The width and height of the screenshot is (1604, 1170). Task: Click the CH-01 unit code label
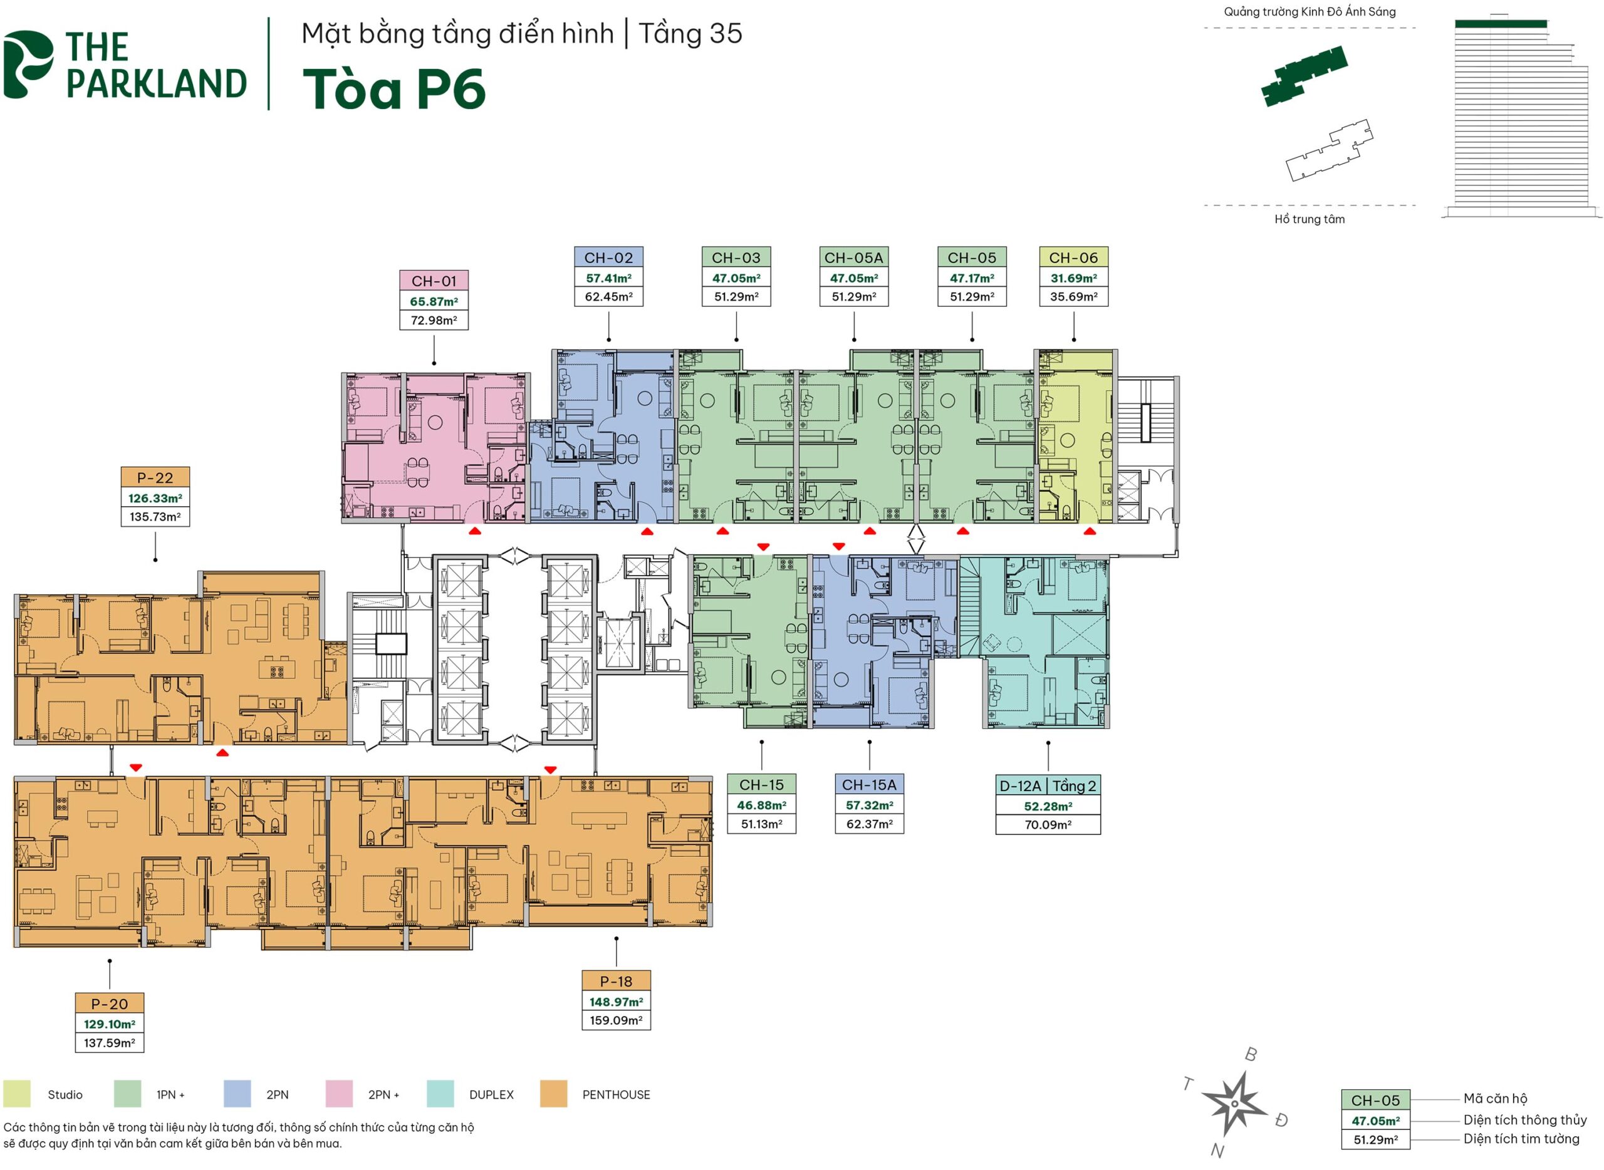pyautogui.click(x=434, y=281)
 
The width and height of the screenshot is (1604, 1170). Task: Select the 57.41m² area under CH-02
pyautogui.click(x=608, y=278)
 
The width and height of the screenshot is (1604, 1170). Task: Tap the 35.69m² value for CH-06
pyautogui.click(x=1073, y=297)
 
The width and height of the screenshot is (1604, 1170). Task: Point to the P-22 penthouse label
pyautogui.click(x=155, y=478)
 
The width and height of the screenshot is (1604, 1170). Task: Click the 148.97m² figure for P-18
pyautogui.click(x=616, y=1002)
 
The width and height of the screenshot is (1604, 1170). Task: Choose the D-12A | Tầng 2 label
pyautogui.click(x=1047, y=786)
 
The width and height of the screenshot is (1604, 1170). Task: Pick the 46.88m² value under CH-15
pyautogui.click(x=762, y=805)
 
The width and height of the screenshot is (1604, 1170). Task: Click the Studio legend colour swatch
pyautogui.click(x=17, y=1094)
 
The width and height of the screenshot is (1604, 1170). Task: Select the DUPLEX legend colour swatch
pyautogui.click(x=440, y=1094)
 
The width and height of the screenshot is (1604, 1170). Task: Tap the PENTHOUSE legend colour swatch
pyautogui.click(x=553, y=1094)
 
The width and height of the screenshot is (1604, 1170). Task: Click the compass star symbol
pyautogui.click(x=1234, y=1104)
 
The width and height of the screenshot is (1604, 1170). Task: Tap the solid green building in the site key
pyautogui.click(x=1304, y=76)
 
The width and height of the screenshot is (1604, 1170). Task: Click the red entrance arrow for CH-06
pyautogui.click(x=1090, y=531)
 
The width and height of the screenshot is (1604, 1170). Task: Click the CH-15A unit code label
pyautogui.click(x=868, y=785)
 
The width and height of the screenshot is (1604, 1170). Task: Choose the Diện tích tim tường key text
pyautogui.click(x=1521, y=1139)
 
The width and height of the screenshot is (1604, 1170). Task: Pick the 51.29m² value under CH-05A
pyautogui.click(x=854, y=297)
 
